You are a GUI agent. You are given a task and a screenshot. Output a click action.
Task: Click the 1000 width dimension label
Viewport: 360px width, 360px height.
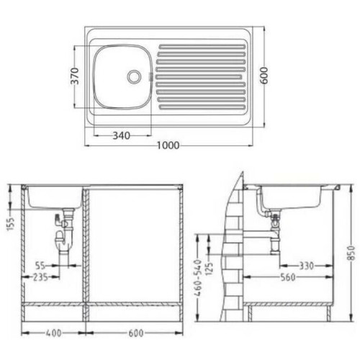click(x=168, y=145)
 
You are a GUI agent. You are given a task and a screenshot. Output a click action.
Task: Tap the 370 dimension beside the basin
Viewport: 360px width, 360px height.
click(x=75, y=76)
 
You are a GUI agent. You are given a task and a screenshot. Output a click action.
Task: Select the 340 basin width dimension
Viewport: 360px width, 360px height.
click(x=122, y=136)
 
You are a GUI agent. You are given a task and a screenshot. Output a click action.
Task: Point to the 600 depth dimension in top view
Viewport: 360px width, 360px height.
click(x=264, y=76)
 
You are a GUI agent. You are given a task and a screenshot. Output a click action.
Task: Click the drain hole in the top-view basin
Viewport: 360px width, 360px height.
click(x=133, y=76)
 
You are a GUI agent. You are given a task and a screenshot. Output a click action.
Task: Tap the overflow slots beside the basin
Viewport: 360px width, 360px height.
click(x=150, y=76)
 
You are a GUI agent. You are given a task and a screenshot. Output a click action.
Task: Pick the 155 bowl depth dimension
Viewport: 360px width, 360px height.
click(x=11, y=223)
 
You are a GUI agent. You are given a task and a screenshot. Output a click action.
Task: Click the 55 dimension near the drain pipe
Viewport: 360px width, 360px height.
click(x=40, y=266)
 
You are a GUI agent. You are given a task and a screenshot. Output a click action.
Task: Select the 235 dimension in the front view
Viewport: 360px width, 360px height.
click(x=40, y=277)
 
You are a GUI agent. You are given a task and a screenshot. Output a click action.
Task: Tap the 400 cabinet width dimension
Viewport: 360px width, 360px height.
click(x=54, y=333)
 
